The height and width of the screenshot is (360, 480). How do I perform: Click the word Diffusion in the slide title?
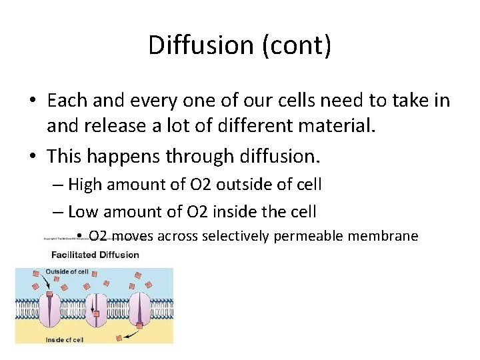(200, 45)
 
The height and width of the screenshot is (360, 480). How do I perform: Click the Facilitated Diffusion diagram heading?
(95, 254)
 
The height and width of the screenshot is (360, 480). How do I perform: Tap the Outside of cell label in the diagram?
(67, 271)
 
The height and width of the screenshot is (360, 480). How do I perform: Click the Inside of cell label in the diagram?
(65, 339)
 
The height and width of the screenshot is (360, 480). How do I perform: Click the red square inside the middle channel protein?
(96, 313)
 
